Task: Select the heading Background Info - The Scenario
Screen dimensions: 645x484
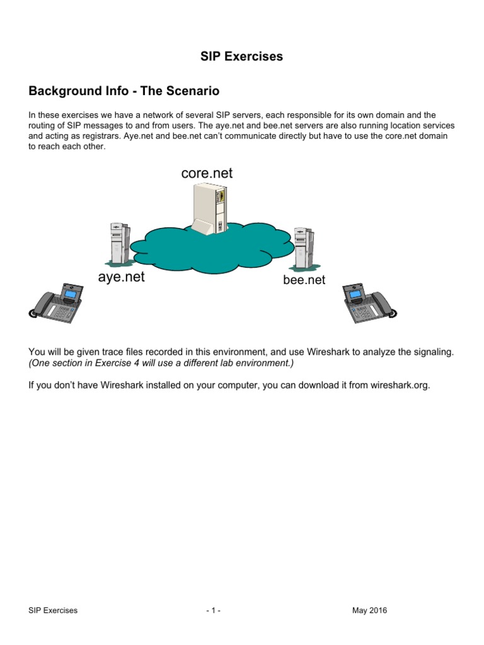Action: [124, 91]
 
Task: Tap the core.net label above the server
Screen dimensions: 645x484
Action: [207, 173]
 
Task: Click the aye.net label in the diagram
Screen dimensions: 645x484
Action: [121, 277]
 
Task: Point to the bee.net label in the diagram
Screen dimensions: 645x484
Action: [304, 280]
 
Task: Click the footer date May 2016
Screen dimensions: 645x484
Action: [369, 610]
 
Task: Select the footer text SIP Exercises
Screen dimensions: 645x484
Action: [53, 610]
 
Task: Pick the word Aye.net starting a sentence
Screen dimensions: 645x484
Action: [141, 136]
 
